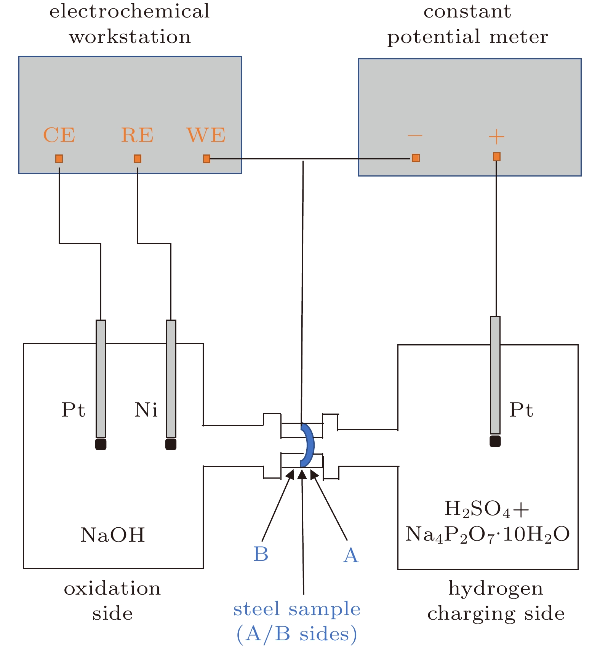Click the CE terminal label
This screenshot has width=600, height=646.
(x=59, y=135)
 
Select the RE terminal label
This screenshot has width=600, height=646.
(x=137, y=135)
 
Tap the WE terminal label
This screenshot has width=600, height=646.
(x=206, y=135)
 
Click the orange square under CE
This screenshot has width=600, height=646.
(x=59, y=159)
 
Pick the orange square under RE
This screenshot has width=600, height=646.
(x=138, y=159)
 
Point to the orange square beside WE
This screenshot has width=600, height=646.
(x=206, y=159)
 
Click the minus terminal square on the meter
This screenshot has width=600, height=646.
(x=416, y=158)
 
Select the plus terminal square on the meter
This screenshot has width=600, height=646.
(x=496, y=157)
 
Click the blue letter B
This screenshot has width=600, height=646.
(x=261, y=554)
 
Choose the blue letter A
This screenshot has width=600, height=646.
(x=350, y=555)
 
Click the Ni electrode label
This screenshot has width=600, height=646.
(x=146, y=410)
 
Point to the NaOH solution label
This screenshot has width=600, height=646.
(x=113, y=535)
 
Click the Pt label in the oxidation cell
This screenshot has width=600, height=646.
(x=73, y=410)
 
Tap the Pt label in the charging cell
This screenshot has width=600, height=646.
(x=521, y=410)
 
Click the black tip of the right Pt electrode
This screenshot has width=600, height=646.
(x=495, y=441)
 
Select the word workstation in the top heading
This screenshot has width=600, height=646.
(x=130, y=37)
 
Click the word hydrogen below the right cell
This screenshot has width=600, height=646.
(x=496, y=589)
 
